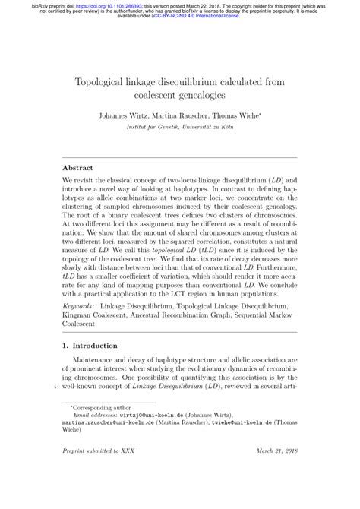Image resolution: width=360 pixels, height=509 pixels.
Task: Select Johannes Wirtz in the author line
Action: coord(122,119)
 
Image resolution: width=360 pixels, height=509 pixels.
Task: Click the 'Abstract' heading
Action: coord(78,167)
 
